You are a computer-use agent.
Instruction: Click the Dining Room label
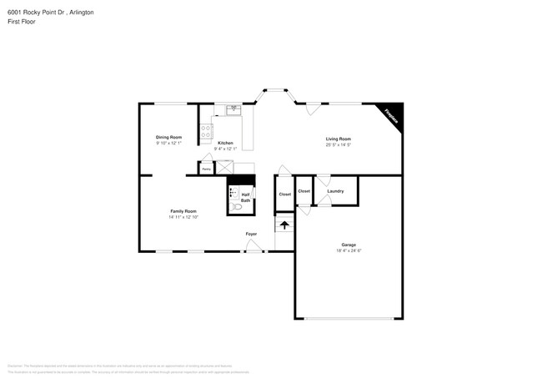point(168,137)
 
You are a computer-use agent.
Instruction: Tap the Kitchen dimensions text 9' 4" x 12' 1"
point(225,149)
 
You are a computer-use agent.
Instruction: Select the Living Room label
point(338,139)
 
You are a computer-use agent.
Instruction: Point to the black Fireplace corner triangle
point(392,114)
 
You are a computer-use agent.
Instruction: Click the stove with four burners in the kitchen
point(206,131)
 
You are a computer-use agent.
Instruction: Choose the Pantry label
point(206,169)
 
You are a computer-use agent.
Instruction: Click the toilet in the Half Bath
point(235,205)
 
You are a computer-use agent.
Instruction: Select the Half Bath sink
point(234,193)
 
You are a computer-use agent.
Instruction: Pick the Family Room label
point(183,211)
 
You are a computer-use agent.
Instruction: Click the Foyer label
point(251,234)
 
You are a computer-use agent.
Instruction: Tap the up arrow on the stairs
point(284,225)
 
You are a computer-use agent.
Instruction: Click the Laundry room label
point(335,191)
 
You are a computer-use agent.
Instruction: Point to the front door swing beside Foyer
point(257,245)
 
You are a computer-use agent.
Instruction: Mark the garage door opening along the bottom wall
point(348,318)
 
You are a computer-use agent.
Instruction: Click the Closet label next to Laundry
point(304,191)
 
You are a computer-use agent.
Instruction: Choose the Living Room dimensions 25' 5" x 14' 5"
point(338,145)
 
